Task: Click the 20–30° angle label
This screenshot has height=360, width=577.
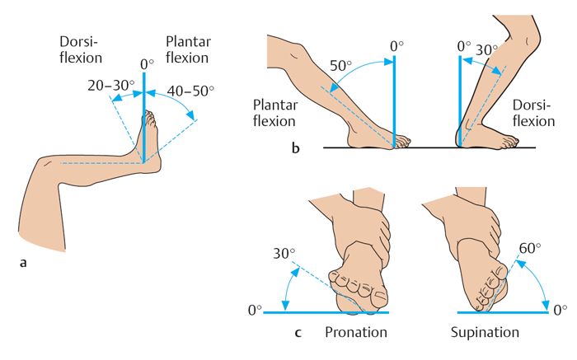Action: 110,86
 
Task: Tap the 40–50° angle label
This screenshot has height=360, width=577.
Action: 190,91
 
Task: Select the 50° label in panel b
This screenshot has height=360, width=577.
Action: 340,65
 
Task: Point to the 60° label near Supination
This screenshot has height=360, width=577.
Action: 530,249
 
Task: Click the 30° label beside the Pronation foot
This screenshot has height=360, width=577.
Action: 284,254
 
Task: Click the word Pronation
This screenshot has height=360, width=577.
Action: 356,332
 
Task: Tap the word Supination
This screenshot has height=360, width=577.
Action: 485,333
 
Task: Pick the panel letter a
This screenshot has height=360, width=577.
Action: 23,263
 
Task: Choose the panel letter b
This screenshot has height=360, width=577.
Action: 295,147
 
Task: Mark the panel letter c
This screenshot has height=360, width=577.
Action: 298,333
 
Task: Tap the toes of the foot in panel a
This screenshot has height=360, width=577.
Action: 150,117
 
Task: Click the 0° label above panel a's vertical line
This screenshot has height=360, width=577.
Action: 147,65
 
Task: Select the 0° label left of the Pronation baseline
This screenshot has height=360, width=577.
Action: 255,311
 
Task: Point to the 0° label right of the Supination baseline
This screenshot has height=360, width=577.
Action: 560,311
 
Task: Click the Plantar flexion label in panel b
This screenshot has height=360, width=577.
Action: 274,113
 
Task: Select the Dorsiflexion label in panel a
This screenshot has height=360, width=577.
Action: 81,49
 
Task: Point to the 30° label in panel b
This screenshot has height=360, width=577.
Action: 486,49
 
